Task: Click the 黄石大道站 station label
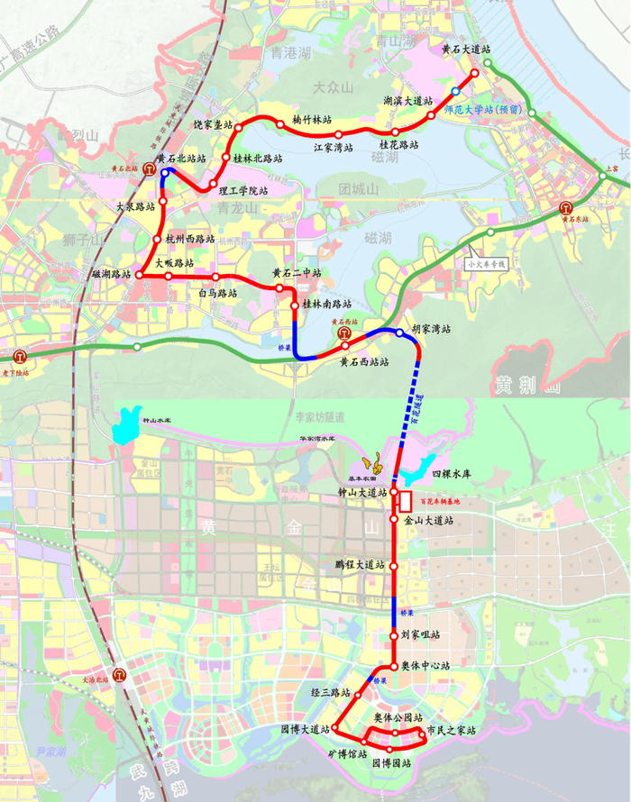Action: tap(465, 50)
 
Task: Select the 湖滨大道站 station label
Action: tap(407, 101)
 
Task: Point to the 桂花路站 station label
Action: tap(399, 144)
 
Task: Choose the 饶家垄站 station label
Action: tap(213, 124)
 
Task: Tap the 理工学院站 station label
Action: tap(244, 191)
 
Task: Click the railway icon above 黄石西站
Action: tap(345, 333)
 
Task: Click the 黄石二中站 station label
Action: tap(297, 273)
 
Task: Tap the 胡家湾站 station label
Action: tap(431, 329)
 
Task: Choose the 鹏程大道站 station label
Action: tap(360, 566)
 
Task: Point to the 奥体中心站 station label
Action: tap(427, 666)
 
